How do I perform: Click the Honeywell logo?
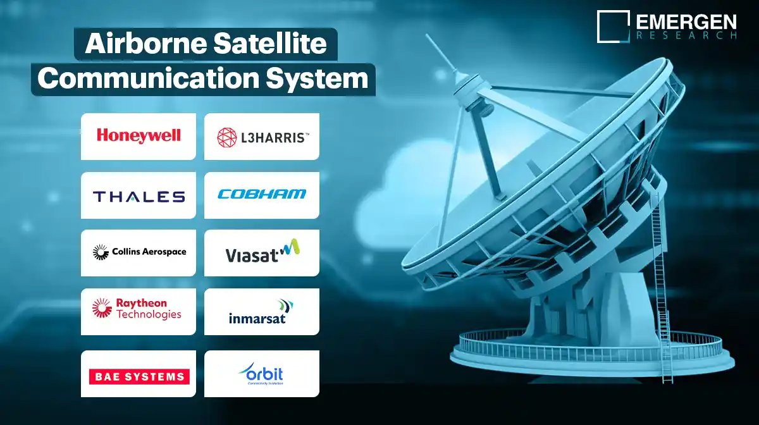pos(139,135)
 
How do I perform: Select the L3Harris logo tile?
pos(262,136)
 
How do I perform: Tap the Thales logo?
pos(139,196)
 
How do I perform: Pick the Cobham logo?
pos(262,194)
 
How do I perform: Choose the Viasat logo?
pos(262,252)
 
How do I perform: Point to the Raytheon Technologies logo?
pos(139,309)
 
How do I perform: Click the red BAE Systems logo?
pos(139,377)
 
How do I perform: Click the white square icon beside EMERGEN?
pos(613,26)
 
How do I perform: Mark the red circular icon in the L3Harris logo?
pos(227,137)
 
